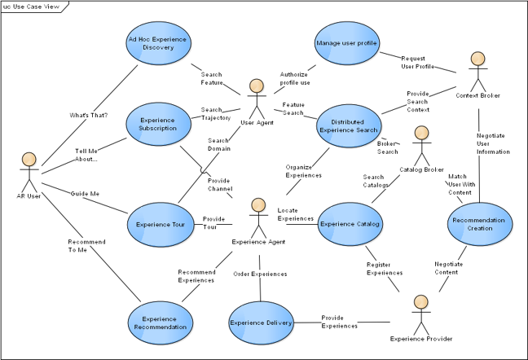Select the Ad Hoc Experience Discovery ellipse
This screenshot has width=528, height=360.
tap(158, 42)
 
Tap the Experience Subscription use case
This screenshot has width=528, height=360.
tap(158, 123)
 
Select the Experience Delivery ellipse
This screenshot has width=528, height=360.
tap(260, 323)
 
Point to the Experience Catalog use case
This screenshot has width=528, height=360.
tap(349, 223)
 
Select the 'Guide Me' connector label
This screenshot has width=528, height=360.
tap(86, 193)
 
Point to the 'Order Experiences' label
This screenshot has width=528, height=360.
tap(260, 274)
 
